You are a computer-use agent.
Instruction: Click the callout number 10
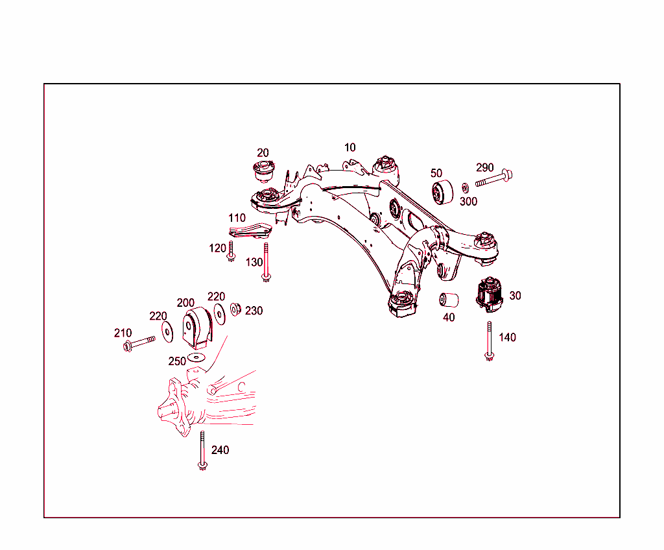350,148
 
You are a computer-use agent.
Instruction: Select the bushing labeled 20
263,173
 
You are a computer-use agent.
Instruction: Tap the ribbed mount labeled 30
491,294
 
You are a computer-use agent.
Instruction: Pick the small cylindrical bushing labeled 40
449,300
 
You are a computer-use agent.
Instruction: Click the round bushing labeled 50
443,193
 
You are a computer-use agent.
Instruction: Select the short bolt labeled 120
231,252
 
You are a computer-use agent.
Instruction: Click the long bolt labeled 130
265,262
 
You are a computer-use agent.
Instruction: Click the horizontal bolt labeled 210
139,343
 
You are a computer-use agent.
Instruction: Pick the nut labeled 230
236,309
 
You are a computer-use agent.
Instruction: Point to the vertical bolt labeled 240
202,451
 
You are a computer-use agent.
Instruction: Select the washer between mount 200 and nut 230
220,313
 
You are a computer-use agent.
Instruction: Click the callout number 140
507,337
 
